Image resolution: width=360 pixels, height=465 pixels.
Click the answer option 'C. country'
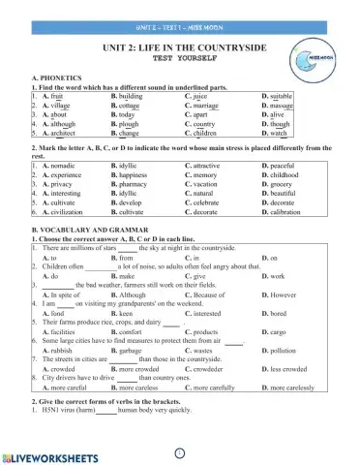click(199, 125)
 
